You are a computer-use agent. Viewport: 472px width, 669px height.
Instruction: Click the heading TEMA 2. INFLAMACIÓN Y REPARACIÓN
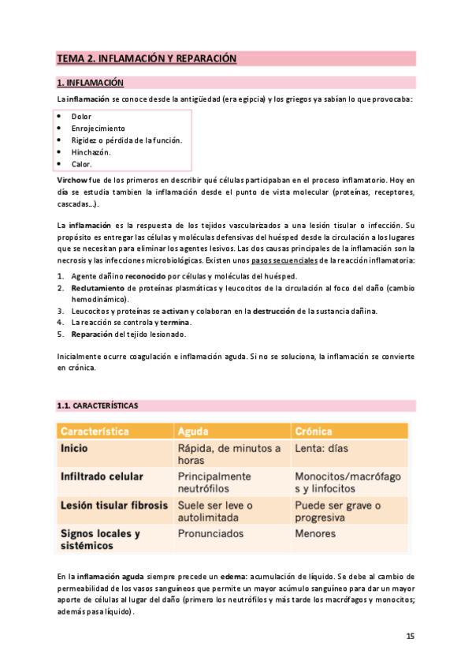tap(147, 58)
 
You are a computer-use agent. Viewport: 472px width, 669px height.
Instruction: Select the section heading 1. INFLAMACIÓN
tap(90, 82)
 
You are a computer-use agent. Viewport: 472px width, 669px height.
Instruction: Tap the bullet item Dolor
tap(81, 117)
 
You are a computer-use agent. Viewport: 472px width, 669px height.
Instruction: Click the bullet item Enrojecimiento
tap(98, 129)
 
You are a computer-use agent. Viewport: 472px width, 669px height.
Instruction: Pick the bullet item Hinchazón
tap(91, 152)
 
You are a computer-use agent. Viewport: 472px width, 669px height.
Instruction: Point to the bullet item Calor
tap(81, 164)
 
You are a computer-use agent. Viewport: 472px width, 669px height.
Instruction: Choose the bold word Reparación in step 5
tap(94, 334)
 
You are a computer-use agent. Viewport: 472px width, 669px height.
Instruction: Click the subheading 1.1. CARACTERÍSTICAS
tap(97, 406)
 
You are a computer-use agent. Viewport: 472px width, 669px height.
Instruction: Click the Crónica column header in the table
tap(313, 432)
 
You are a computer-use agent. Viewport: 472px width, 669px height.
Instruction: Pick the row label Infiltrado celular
tap(102, 477)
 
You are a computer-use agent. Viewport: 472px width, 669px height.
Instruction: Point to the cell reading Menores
tap(315, 534)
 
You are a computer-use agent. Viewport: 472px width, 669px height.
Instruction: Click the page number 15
tap(410, 636)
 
